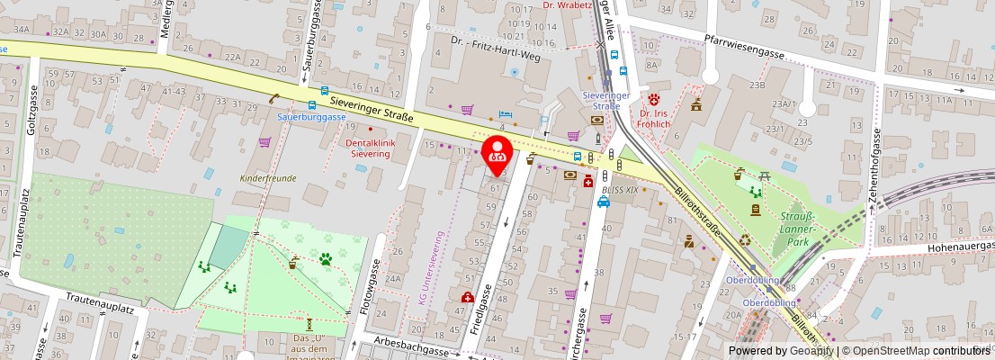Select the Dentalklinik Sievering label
pyautogui.click(x=368, y=148)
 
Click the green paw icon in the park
pyautogui.click(x=325, y=259)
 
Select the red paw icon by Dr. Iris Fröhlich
pyautogui.click(x=655, y=97)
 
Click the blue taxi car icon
pyautogui.click(x=604, y=202)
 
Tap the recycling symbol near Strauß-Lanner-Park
pyautogui.click(x=745, y=240)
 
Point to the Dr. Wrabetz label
pyautogui.click(x=568, y=4)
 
